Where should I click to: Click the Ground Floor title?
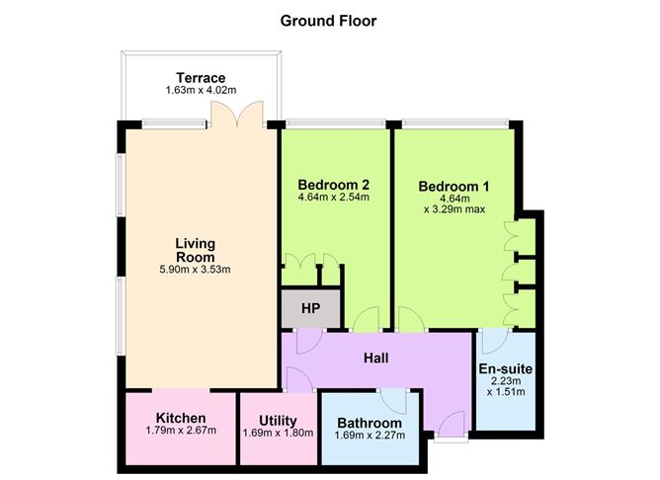pyautogui.click(x=328, y=21)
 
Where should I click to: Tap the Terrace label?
pyautogui.click(x=201, y=78)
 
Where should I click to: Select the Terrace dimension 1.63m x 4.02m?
pyautogui.click(x=201, y=90)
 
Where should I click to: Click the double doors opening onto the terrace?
pyautogui.click(x=238, y=114)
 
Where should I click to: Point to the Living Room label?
pyautogui.click(x=196, y=250)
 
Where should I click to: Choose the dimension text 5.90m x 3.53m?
pyautogui.click(x=195, y=270)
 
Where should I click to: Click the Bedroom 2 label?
pyautogui.click(x=333, y=185)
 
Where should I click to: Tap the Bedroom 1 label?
pyautogui.click(x=454, y=187)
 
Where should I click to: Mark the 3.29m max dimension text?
pyautogui.click(x=454, y=209)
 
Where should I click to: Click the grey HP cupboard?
pyautogui.click(x=310, y=308)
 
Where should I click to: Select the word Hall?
pyautogui.click(x=375, y=358)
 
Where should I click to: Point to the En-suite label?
pyautogui.click(x=506, y=369)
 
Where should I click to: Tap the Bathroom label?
pyautogui.click(x=370, y=423)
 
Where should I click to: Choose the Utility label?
pyautogui.click(x=278, y=421)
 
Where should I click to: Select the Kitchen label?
pyautogui.click(x=181, y=418)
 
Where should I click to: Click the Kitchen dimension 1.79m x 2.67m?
pyautogui.click(x=181, y=431)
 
